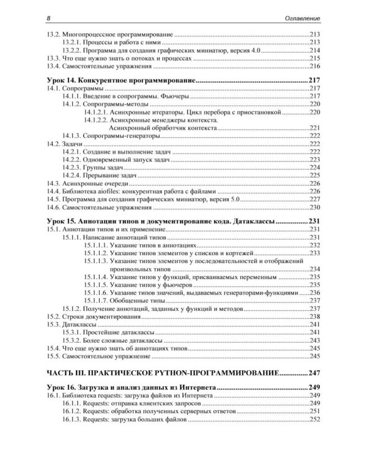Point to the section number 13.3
point(54,58)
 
